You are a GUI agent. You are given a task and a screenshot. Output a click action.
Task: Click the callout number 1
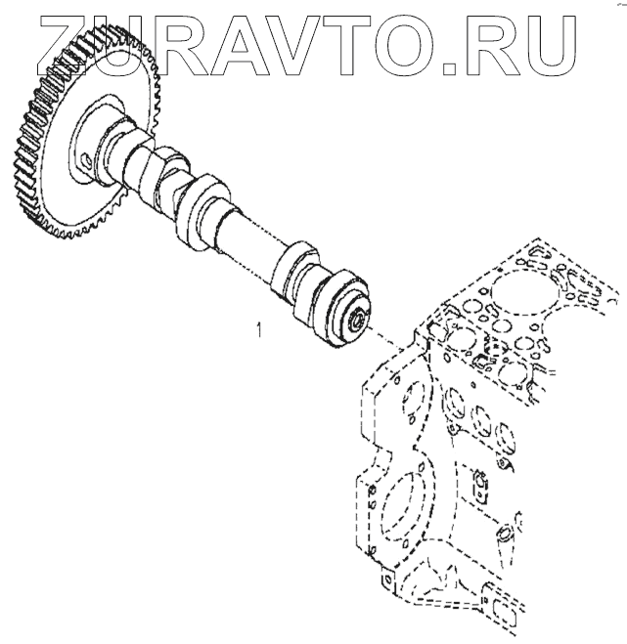point(258,331)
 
